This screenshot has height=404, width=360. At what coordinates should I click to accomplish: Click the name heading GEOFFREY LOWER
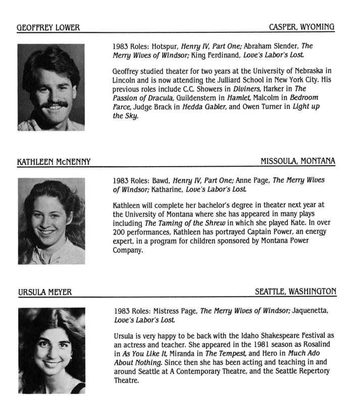pyautogui.click(x=48, y=27)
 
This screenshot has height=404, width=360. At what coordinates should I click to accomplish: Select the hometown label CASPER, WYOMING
pyautogui.click(x=302, y=27)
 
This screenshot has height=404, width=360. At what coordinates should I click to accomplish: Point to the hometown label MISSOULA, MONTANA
pyautogui.click(x=298, y=161)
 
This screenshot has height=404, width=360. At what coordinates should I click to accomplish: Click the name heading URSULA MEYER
pyautogui.click(x=44, y=292)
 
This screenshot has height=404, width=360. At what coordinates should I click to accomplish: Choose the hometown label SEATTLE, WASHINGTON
pyautogui.click(x=295, y=292)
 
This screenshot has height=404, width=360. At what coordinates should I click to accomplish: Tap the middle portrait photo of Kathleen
pyautogui.click(x=51, y=221)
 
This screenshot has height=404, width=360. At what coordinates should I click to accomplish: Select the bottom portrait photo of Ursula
pyautogui.click(x=51, y=351)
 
